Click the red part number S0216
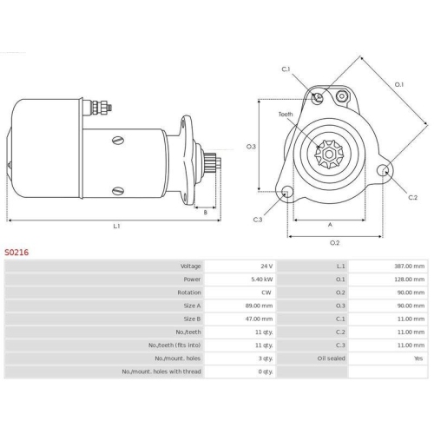coord(16,253)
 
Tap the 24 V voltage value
coord(266,266)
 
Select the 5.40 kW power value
coord(262,279)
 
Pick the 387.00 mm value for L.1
coord(410,266)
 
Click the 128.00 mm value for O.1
coord(410,279)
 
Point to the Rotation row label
coord(189,293)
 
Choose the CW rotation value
coord(266,293)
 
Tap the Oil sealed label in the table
coord(332,358)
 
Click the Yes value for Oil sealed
coord(418,358)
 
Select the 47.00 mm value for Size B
coord(259,319)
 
